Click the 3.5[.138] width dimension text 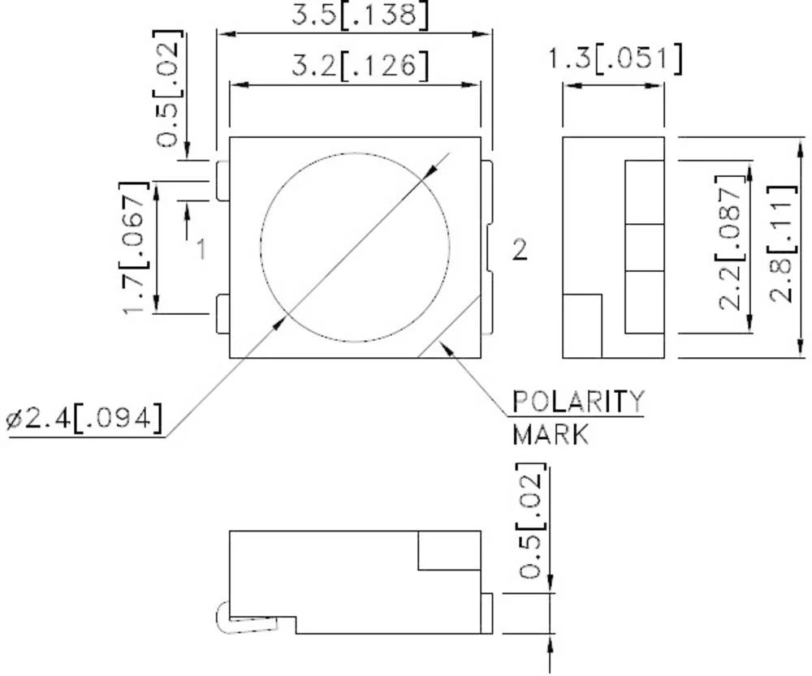tap(358, 15)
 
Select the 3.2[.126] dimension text tap(358, 65)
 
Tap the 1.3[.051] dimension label tap(614, 59)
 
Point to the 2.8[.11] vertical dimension tap(783, 244)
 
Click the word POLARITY tap(577, 401)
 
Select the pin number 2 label tap(519, 250)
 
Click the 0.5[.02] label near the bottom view tap(533, 521)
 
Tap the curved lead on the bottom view tap(222, 619)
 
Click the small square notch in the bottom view tap(448, 550)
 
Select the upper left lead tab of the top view tap(223, 180)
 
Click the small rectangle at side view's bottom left tap(582, 325)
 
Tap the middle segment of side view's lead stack tap(644, 248)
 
